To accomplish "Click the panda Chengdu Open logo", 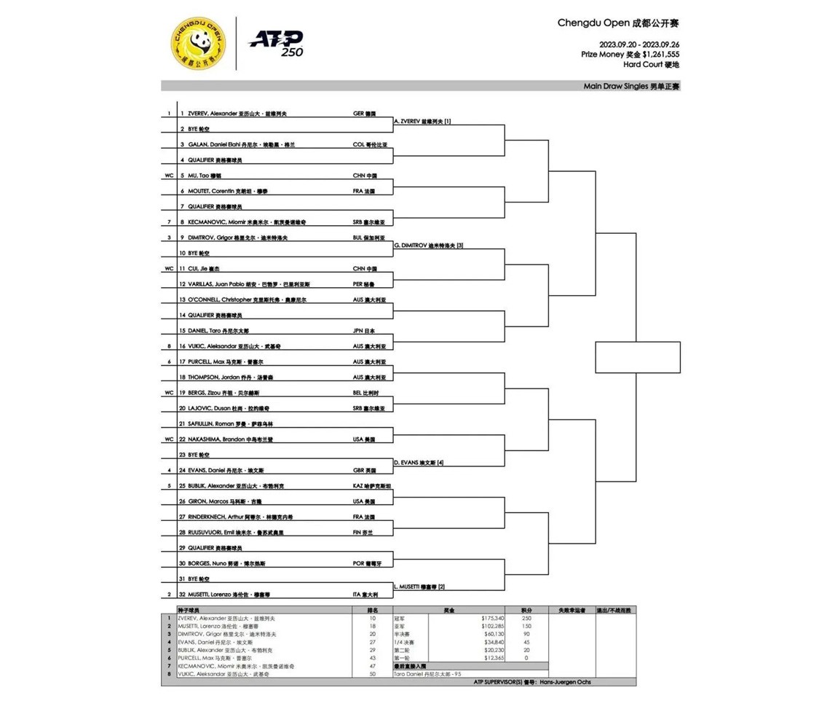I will pyautogui.click(x=197, y=43).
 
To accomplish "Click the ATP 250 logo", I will pyautogui.click(x=277, y=43).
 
